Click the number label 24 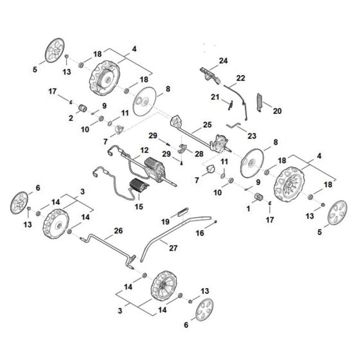point(223,60)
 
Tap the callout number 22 point(240,78)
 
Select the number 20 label point(278,110)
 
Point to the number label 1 point(249,209)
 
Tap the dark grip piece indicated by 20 point(259,101)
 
